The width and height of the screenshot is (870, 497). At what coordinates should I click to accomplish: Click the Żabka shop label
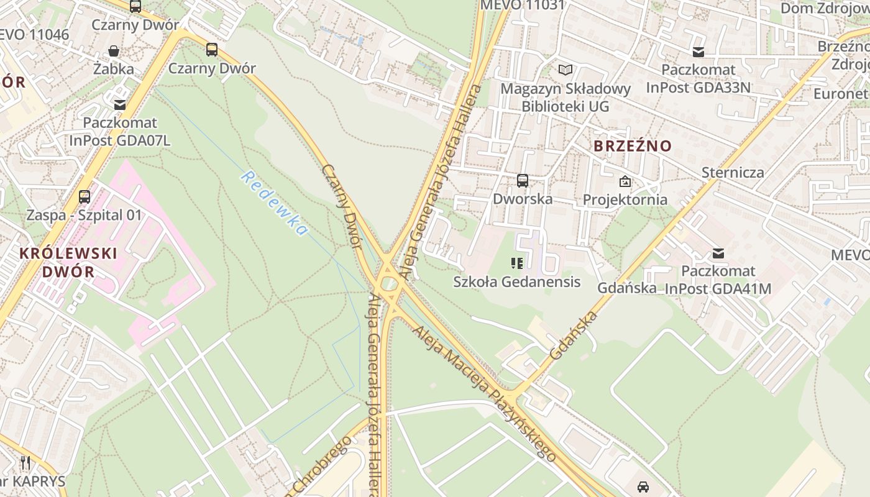(x=113, y=68)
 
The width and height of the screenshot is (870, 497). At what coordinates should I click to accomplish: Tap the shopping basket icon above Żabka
(x=114, y=51)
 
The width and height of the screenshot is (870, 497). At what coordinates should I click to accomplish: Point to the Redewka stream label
(x=274, y=203)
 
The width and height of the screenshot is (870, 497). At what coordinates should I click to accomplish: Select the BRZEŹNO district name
(x=633, y=146)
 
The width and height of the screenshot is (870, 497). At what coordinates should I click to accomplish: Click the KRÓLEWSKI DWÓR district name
(x=68, y=262)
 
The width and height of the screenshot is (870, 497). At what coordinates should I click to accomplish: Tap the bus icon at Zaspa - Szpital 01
(x=85, y=197)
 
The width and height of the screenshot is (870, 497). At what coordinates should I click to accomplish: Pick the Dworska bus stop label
(x=523, y=199)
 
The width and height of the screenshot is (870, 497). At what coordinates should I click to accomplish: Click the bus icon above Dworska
(x=523, y=181)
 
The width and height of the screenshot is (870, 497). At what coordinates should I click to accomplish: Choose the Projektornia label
(x=625, y=199)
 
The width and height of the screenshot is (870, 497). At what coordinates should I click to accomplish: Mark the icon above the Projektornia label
(x=625, y=181)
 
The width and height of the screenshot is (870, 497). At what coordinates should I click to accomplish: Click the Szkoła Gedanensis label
(x=516, y=281)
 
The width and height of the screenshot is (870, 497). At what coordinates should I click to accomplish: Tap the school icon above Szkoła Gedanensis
(x=516, y=263)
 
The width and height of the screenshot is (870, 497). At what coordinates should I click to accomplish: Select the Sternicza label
(x=733, y=172)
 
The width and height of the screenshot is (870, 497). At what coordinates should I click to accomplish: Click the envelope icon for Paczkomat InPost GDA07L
(x=119, y=105)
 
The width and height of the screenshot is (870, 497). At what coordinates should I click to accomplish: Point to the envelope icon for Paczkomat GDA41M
(x=718, y=253)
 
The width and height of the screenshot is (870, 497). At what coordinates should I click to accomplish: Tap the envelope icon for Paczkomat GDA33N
(x=698, y=52)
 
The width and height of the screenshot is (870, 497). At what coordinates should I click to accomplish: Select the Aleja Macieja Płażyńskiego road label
(x=485, y=394)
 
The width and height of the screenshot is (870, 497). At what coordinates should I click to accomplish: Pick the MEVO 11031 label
(x=523, y=6)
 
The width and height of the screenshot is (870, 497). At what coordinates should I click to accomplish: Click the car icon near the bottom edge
(x=643, y=486)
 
